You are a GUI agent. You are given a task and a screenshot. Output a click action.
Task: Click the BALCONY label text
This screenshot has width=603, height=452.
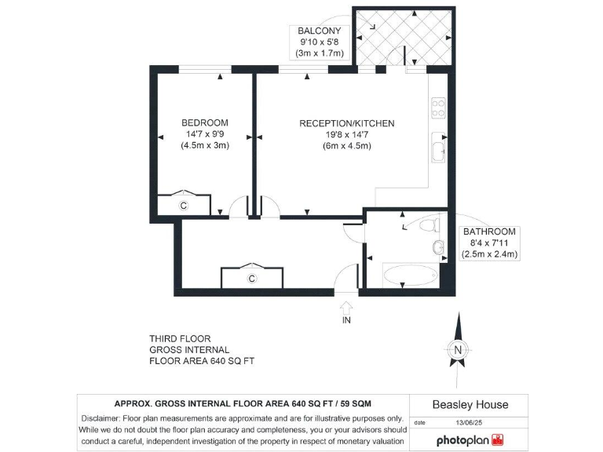click(x=317, y=31)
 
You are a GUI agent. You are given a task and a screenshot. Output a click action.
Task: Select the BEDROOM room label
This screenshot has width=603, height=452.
click(x=204, y=122)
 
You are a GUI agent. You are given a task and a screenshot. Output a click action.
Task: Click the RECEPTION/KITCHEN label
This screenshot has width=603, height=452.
click(x=346, y=123)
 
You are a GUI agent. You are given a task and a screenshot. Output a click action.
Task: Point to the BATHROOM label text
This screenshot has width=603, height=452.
click(x=488, y=231)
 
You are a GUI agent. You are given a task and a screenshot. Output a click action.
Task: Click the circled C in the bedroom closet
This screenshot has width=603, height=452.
click(x=183, y=206)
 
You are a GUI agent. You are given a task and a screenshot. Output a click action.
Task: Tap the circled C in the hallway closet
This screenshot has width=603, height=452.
click(x=252, y=279)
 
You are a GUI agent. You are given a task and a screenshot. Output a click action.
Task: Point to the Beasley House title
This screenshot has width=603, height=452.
click(x=470, y=405)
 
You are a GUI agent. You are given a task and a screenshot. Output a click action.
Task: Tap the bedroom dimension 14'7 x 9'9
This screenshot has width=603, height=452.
click(x=204, y=134)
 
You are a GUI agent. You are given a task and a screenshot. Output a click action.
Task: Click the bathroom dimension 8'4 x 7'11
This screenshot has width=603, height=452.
click(x=488, y=243)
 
